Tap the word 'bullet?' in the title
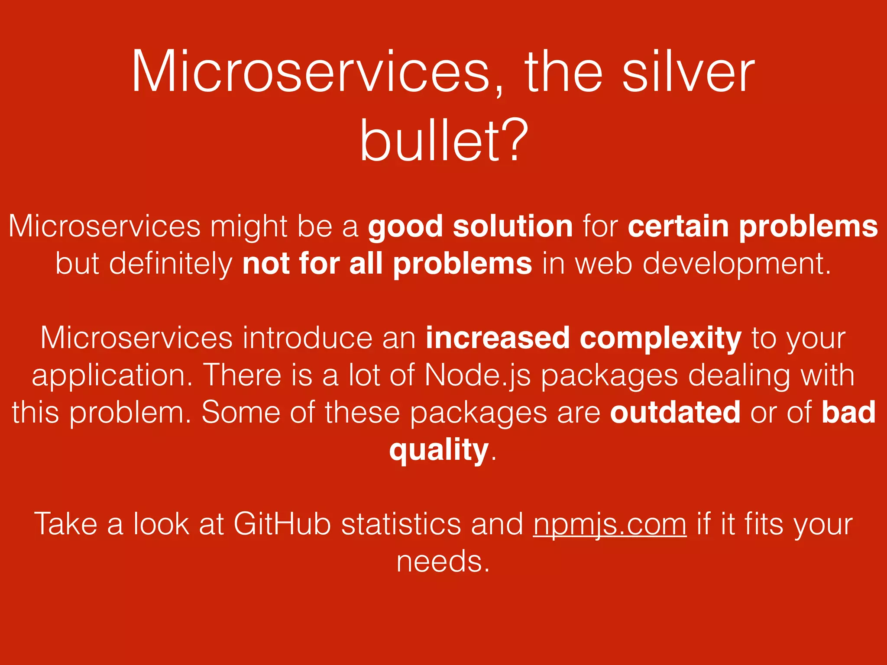[444, 141]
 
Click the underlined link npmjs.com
[609, 525]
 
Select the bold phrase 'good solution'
[470, 226]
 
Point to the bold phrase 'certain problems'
[753, 226]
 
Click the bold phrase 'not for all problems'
[387, 264]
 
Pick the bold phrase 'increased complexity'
[583, 338]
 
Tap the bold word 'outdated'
[675, 412]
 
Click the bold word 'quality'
[439, 450]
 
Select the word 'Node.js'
[478, 375]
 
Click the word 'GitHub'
[282, 525]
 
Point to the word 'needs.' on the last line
[443, 562]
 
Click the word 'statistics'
[401, 525]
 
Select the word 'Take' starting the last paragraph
[65, 525]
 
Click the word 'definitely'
[171, 264]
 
